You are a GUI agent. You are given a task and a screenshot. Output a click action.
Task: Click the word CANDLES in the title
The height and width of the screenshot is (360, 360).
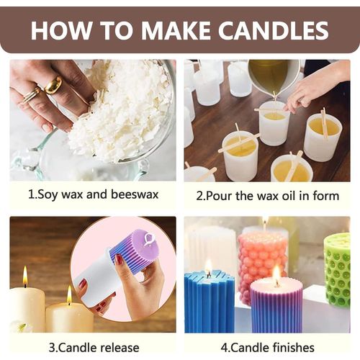click(x=273, y=30)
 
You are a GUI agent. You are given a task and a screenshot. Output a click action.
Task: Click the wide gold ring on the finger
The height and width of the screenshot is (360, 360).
click(x=53, y=85)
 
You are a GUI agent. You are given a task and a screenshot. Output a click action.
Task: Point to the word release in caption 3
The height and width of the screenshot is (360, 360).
click(x=120, y=348)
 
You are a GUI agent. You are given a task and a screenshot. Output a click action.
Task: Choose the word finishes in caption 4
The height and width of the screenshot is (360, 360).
click(x=293, y=348)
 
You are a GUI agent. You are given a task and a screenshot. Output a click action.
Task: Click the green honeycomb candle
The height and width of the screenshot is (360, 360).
click(x=337, y=270)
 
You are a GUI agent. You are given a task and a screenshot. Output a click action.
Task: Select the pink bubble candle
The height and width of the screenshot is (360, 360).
click(x=262, y=264)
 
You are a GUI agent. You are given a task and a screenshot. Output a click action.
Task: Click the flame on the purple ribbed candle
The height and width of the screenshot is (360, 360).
click(x=276, y=274)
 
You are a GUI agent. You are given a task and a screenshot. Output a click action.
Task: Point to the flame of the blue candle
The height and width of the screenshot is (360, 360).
click(x=209, y=267)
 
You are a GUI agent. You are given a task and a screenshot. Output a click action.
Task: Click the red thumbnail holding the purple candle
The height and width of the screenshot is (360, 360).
click(x=119, y=259)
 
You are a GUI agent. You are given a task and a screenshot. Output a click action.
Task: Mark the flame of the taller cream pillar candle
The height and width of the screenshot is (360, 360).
click(x=25, y=276)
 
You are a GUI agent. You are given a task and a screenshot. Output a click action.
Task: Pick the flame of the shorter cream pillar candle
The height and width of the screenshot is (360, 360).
click(x=69, y=294)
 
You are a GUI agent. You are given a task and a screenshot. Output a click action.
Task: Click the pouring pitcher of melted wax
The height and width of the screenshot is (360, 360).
click(x=274, y=77)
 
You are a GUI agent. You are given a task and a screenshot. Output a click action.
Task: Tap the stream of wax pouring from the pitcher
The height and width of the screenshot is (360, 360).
click(x=274, y=99)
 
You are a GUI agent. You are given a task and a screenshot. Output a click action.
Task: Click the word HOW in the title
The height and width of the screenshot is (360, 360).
click(x=60, y=30)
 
